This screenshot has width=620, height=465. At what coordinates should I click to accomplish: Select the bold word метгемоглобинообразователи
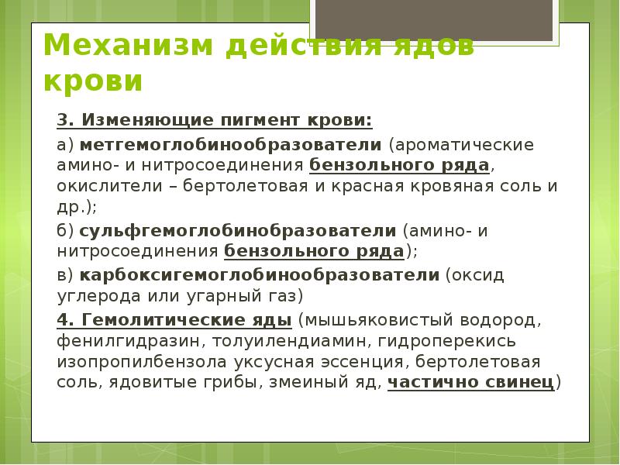click(230, 145)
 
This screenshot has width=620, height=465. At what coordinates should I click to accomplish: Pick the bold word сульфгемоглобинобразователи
click(237, 230)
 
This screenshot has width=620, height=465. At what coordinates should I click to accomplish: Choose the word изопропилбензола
click(137, 361)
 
